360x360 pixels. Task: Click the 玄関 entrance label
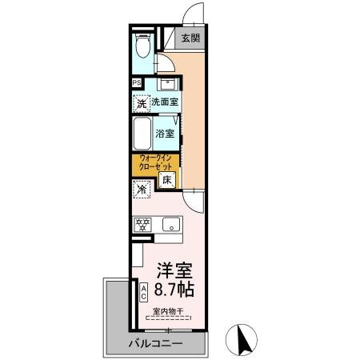(x=190, y=38)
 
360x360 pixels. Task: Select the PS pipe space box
(x=137, y=82)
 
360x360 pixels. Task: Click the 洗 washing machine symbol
(x=141, y=102)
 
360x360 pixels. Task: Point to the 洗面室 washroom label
(x=166, y=102)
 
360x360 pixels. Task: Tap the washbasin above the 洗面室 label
(x=169, y=85)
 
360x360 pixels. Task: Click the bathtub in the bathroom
(x=142, y=134)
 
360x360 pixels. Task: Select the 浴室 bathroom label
(x=166, y=134)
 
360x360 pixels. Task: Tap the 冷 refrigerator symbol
(x=141, y=190)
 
